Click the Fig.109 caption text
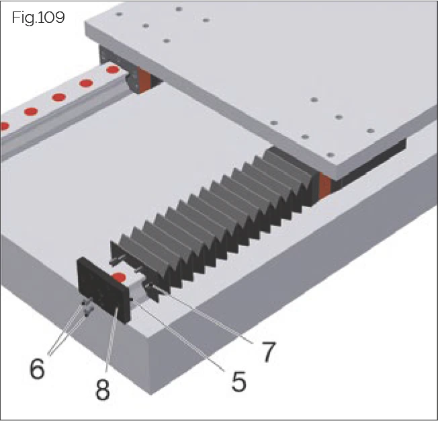(x=38, y=17)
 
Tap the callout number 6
(x=36, y=369)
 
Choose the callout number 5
(x=238, y=381)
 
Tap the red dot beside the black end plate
(x=120, y=277)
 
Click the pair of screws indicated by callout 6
(x=86, y=309)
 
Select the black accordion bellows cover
(x=215, y=215)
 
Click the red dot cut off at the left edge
(x=3, y=126)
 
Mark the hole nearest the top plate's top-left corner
(x=119, y=13)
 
